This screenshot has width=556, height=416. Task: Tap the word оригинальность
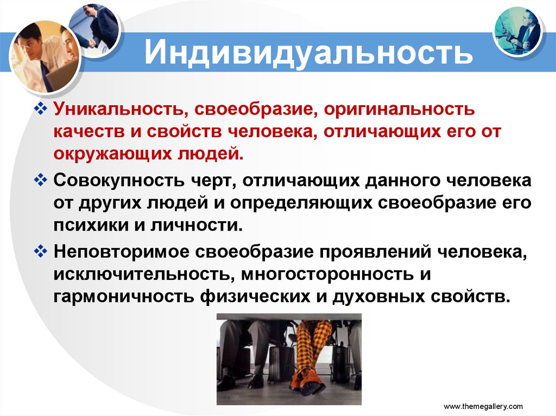point(399,110)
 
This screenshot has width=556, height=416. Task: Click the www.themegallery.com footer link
point(483,406)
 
